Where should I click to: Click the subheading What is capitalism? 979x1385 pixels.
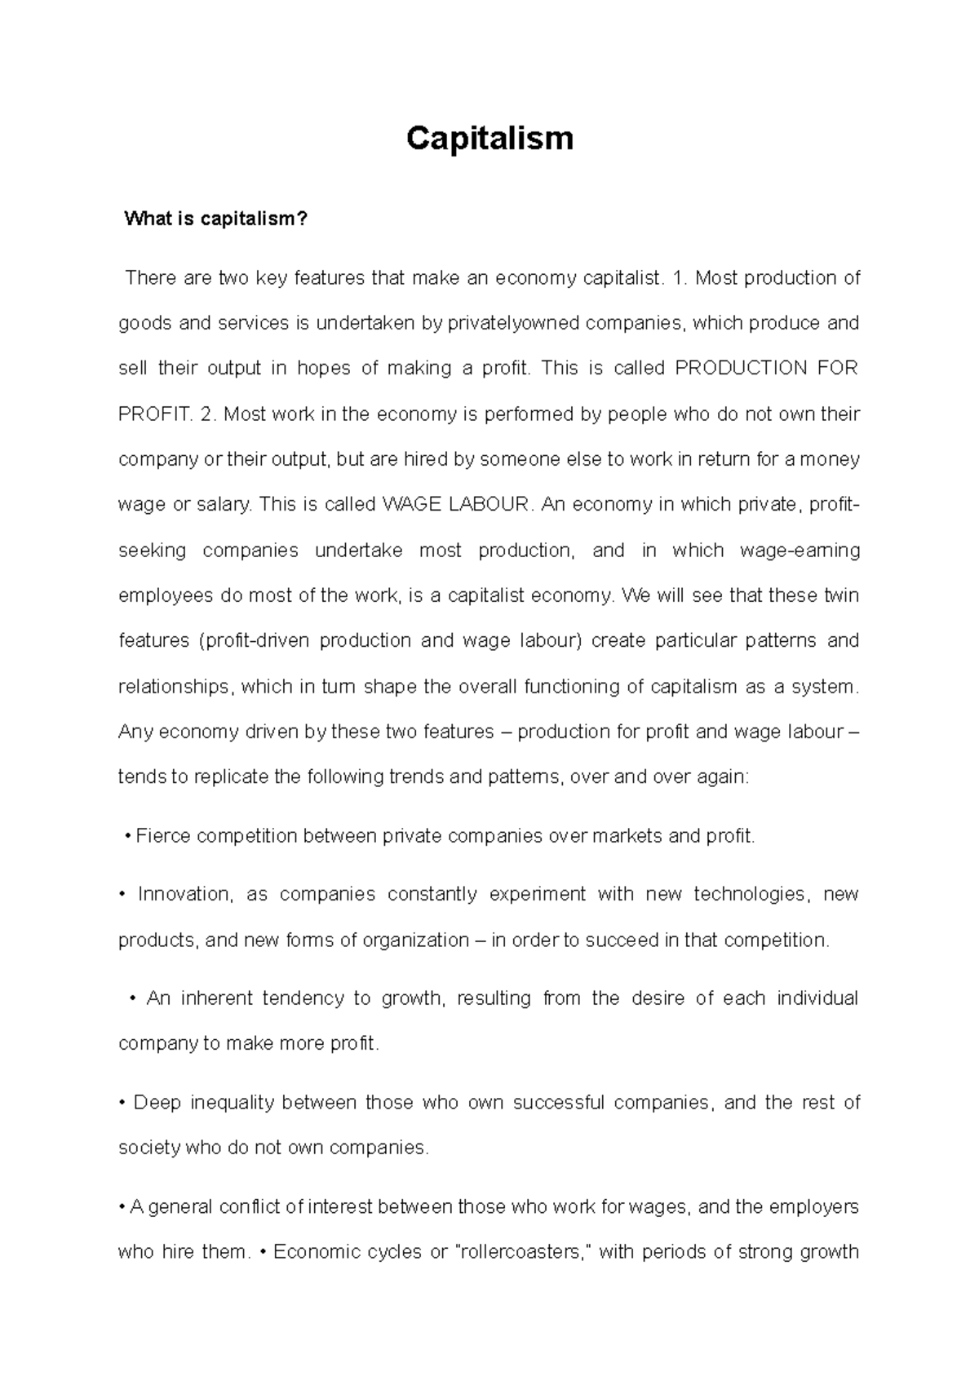pyautogui.click(x=215, y=219)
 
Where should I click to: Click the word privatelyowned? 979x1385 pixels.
pyautogui.click(x=513, y=324)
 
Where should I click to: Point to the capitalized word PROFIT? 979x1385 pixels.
pyautogui.click(x=153, y=414)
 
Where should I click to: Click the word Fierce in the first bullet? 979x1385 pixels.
pyautogui.click(x=163, y=836)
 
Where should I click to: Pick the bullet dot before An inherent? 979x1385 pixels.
pyautogui.click(x=132, y=999)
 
